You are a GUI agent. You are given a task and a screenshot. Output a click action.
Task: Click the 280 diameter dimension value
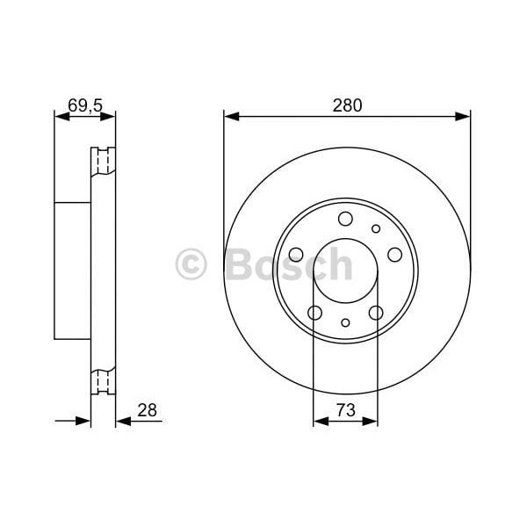347,105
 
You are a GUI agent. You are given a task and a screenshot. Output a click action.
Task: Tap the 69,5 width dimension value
85,105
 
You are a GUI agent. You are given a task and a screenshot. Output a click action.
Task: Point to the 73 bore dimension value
345,410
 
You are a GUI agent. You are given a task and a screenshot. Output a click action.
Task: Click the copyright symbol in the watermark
191,263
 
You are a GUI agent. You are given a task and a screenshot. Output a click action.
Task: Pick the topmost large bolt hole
345,219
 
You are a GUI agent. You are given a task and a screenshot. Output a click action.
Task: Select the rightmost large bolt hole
394,254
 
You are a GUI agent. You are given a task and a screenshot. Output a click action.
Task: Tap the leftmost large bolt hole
296,255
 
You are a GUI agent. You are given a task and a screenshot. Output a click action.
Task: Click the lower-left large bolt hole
314,313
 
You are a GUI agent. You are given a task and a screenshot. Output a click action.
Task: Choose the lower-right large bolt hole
376,313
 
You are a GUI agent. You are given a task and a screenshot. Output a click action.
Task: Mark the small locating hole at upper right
376,228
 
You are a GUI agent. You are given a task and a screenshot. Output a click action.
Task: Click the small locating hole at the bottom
345,322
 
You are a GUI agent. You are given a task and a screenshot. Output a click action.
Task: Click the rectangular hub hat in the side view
73,271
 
